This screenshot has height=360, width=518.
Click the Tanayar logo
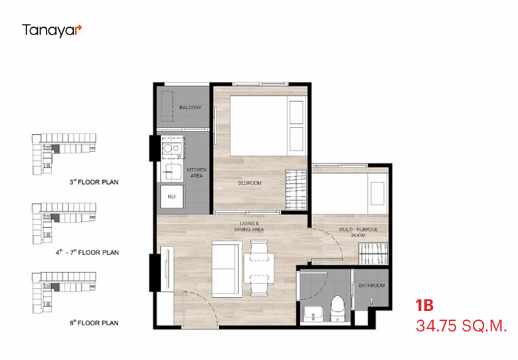tap(52, 31)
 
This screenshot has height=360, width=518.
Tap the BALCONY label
tap(191, 108)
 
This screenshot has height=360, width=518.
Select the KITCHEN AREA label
tap(197, 173)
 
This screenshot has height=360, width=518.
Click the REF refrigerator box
tap(172, 197)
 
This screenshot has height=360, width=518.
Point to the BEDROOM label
tap(250, 183)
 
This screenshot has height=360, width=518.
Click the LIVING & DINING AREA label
tap(249, 226)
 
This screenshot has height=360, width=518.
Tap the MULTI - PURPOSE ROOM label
tap(359, 232)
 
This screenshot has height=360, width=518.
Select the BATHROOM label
tap(372, 286)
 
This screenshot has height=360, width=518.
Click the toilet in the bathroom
tap(337, 308)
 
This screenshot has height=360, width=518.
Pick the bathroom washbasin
tap(313, 313)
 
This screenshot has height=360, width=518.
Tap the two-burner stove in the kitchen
tap(172, 148)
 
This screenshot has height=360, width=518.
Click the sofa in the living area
tap(226, 268)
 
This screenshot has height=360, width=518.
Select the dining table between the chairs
tap(259, 268)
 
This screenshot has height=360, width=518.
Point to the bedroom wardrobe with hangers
tap(296, 189)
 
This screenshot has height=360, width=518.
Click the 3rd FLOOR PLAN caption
tap(94, 182)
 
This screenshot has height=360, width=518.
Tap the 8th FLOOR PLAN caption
tap(94, 323)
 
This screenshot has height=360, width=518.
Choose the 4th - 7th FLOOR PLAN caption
tap(87, 252)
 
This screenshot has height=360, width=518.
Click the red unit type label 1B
tap(424, 305)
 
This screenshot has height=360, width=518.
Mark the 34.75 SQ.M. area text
tap(461, 326)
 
